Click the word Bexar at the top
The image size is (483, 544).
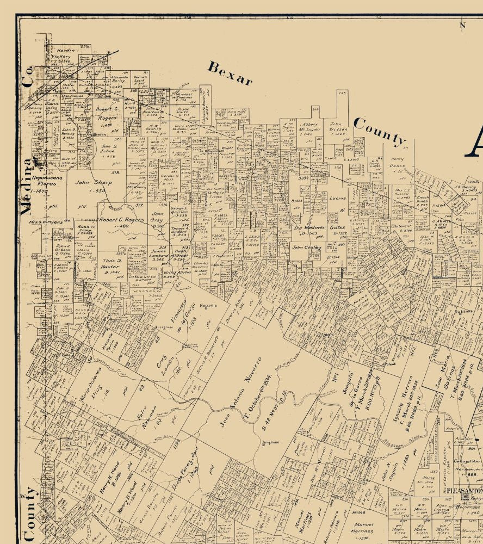(230, 74)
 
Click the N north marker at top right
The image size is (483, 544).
(462, 24)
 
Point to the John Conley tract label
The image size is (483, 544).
(307, 248)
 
